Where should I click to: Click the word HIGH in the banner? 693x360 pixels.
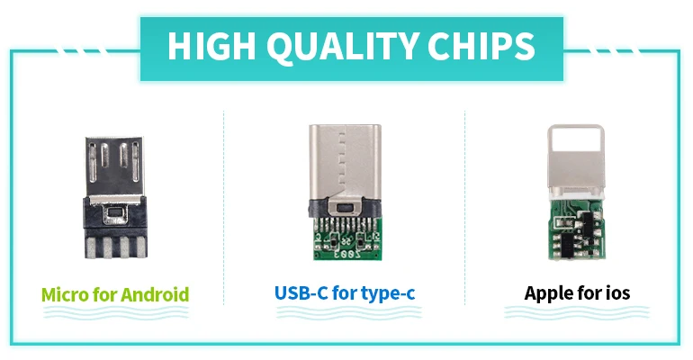(x=211, y=46)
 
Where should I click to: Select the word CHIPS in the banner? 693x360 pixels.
(x=481, y=46)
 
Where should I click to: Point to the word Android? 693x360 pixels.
(x=155, y=294)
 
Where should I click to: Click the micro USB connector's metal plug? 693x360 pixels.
(x=114, y=166)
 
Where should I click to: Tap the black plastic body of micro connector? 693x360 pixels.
(x=115, y=227)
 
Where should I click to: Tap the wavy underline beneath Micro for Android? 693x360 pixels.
(x=115, y=313)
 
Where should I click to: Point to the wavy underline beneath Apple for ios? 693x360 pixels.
(x=577, y=312)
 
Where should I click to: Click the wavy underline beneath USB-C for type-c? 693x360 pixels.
(x=348, y=312)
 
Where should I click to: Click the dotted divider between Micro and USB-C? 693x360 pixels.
(x=223, y=208)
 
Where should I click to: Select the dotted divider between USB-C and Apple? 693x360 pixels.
(x=465, y=208)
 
